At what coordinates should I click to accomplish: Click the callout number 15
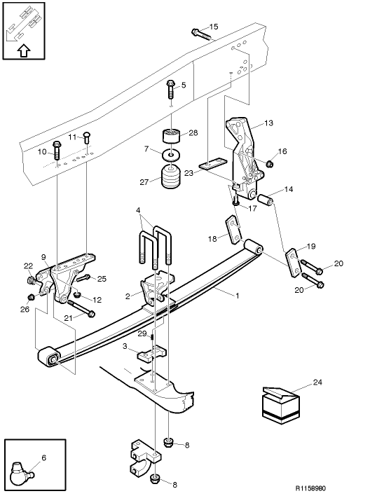(214, 27)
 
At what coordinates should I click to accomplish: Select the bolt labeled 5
(170, 89)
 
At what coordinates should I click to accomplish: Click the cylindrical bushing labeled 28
(172, 134)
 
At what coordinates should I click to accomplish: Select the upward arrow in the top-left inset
(23, 50)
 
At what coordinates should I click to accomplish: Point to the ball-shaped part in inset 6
(22, 476)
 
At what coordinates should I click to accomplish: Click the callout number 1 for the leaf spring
(237, 296)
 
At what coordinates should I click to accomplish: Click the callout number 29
(141, 333)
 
